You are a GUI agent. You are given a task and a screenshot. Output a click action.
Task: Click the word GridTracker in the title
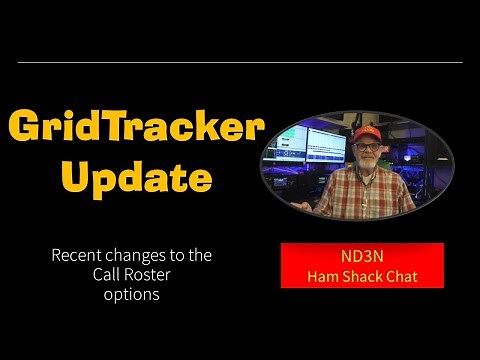136,128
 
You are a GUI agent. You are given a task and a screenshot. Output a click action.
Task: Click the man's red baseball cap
366,134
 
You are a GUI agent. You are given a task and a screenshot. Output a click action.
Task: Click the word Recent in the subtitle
78,256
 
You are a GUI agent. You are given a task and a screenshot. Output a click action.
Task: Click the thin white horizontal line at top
240,62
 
